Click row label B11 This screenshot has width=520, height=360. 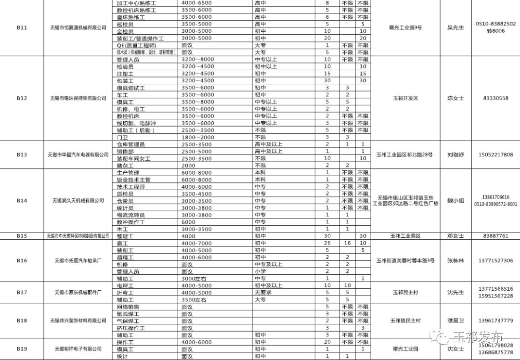[x=22, y=28]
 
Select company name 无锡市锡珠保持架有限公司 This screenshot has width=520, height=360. [x=78, y=98]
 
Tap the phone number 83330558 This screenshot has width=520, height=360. [x=495, y=98]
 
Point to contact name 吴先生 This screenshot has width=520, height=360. [x=455, y=28]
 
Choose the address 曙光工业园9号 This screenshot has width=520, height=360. [x=405, y=28]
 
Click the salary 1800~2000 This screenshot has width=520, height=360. [x=197, y=137]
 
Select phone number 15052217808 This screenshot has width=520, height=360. [x=495, y=155]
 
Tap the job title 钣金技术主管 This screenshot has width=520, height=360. [x=133, y=180]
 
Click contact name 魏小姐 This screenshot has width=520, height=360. [x=455, y=201]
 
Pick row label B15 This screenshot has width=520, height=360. [x=22, y=236]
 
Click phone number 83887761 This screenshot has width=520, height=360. [x=495, y=236]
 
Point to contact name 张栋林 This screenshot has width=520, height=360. [x=455, y=261]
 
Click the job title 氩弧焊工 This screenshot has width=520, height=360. [x=128, y=314]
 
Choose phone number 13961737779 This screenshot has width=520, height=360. [x=495, y=321]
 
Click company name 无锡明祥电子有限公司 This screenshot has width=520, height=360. [x=78, y=349]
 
